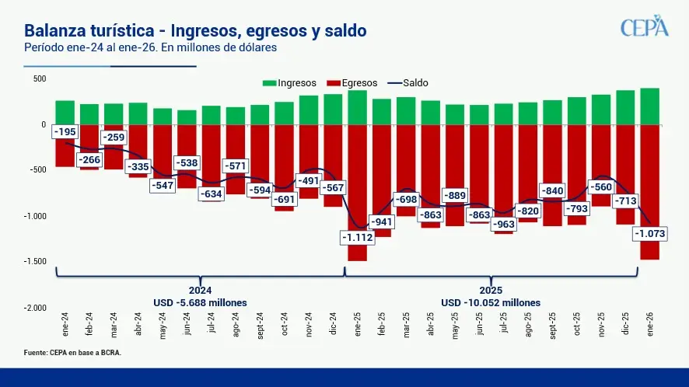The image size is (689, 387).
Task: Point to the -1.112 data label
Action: [357, 237]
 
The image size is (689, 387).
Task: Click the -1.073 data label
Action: [651, 233]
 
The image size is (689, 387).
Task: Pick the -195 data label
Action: [65, 132]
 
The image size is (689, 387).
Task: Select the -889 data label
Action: [455, 195]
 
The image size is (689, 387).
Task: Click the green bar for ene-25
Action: [358, 107]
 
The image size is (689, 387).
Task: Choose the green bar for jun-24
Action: [187, 117]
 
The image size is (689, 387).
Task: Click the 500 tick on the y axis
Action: [40, 78]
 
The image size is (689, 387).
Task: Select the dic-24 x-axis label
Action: [334, 323]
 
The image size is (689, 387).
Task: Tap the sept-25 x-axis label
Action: [553, 325]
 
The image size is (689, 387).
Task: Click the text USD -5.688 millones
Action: [201, 302]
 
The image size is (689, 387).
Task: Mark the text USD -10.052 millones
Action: [491, 302]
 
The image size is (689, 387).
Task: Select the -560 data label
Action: [601, 187]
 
